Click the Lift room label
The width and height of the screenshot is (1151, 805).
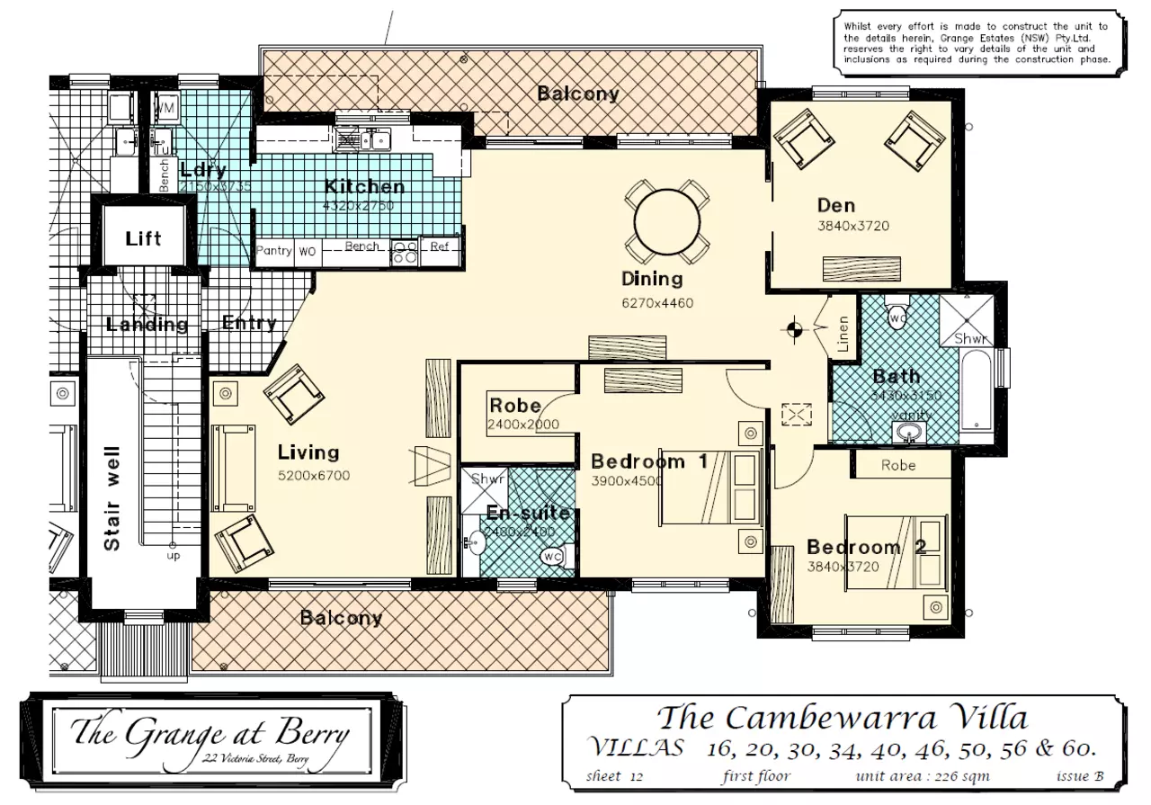coord(143,238)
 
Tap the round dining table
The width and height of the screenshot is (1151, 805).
coord(667,221)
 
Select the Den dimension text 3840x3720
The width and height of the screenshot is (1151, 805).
coord(852,226)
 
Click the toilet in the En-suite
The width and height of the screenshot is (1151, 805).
coord(552,557)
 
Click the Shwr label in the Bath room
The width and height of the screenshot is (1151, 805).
coord(971,339)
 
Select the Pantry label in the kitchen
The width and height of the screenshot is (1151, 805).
coord(274,251)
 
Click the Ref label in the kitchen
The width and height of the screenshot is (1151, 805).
coord(440,246)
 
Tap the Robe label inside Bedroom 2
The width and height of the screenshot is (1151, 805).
coord(897,465)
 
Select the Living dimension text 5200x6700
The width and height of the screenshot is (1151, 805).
coord(313,475)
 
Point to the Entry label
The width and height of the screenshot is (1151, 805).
coord(248,323)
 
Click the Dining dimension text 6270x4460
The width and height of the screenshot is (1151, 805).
coord(657,303)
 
